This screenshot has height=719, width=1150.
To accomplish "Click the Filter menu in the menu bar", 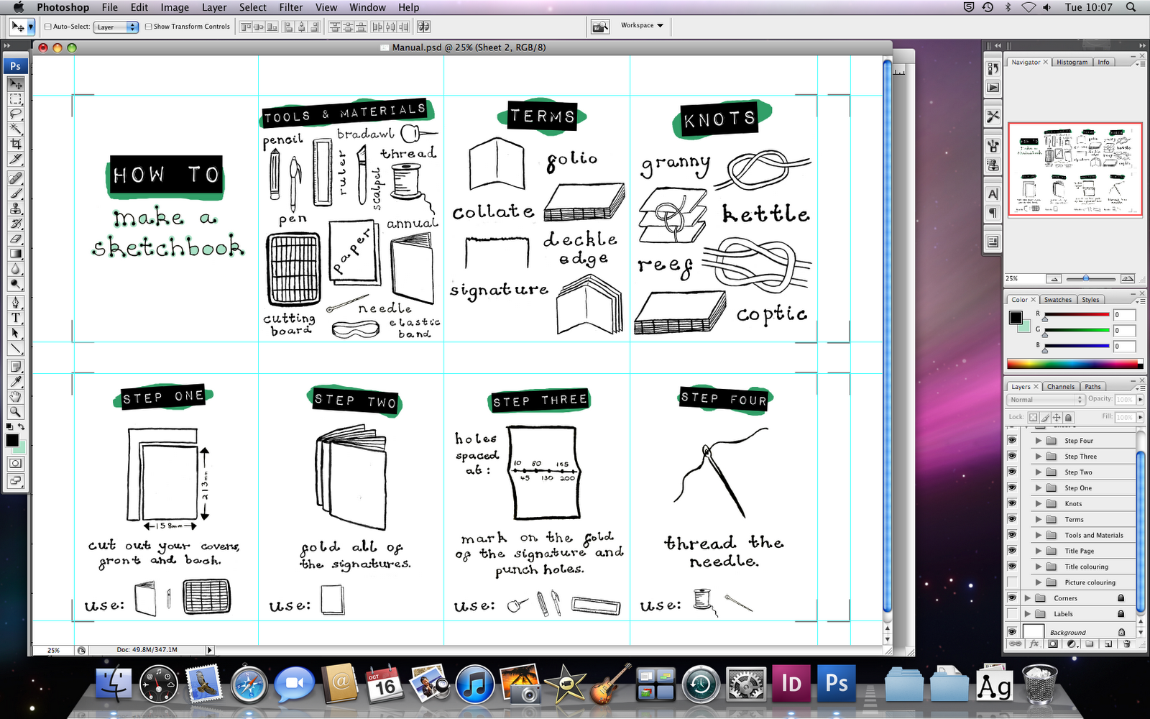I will point(290,7).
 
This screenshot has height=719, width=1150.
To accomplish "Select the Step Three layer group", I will point(1080,457).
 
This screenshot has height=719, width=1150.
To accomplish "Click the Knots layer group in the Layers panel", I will point(1073,504).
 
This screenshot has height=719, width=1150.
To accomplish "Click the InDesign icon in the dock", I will point(791,683).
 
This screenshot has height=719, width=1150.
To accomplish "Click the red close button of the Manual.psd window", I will point(43,47).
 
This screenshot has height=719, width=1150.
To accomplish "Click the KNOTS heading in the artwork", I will point(719,119).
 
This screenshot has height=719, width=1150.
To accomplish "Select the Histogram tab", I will point(1072,63).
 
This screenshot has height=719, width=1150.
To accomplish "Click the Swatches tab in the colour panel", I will point(1057,300).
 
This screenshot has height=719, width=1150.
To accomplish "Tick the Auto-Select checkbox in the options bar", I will point(48,27).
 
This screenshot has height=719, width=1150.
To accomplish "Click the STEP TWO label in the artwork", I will point(355,400).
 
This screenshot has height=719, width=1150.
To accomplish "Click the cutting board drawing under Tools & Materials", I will point(293,269).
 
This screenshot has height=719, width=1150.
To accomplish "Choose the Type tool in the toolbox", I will point(15,318).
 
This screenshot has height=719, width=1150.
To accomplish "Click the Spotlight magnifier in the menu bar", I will point(1131,7).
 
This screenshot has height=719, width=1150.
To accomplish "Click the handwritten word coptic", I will point(771,314).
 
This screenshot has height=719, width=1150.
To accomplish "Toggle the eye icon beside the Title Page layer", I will point(1012,551).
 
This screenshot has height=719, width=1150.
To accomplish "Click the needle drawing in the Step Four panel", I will point(723,478).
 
